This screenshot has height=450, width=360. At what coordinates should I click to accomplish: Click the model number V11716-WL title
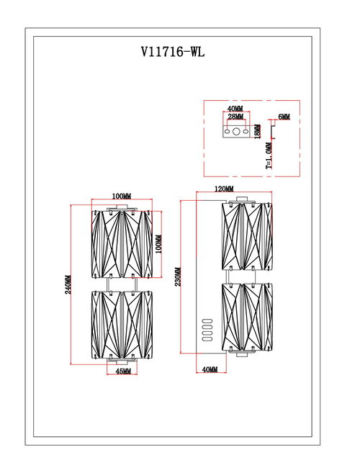(173, 52)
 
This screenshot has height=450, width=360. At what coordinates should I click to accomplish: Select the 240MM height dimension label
(68, 284)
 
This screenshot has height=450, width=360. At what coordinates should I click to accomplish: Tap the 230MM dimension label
(178, 277)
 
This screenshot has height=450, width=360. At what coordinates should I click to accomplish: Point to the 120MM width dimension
(224, 189)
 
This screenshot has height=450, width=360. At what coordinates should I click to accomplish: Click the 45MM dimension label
(123, 371)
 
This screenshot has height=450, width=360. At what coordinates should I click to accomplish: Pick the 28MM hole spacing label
(235, 117)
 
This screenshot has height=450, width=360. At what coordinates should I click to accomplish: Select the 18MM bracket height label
(258, 132)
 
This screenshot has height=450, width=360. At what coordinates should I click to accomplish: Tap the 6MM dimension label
(284, 117)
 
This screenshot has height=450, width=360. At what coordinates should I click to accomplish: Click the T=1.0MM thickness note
(269, 156)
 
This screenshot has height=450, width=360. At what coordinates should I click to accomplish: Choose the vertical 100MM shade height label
(158, 244)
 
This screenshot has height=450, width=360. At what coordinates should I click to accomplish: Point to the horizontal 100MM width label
(122, 197)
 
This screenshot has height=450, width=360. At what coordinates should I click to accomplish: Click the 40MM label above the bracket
(235, 109)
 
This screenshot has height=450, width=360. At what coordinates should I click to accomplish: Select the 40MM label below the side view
(210, 369)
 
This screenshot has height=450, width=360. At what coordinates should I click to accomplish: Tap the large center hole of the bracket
(236, 132)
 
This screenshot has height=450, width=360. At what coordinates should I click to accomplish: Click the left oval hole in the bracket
(227, 132)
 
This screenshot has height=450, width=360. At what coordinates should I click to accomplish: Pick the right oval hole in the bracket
(246, 132)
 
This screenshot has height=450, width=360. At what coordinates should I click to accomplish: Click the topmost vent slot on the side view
(207, 321)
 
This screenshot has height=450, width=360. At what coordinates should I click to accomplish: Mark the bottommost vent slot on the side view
(207, 339)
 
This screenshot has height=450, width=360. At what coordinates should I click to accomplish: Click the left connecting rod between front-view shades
(108, 284)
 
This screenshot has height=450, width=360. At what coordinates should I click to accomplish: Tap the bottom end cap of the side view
(242, 355)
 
